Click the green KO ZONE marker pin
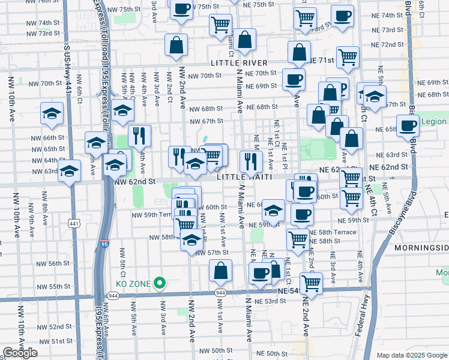coord(160,282)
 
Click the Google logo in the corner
coord(20,353)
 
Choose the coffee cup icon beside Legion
coord(408,126)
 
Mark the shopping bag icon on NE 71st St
coord(299,52)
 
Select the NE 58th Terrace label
coord(337,232)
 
